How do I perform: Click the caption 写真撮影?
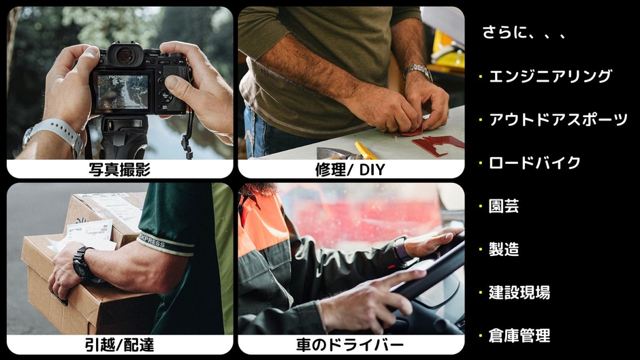coord(119,169)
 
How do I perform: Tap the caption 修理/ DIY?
coord(350,169)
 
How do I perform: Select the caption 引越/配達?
coord(119,345)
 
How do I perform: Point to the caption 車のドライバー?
coord(350,345)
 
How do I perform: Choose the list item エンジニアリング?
coord(550,76)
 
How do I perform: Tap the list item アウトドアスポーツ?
coord(558,120)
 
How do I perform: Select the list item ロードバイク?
coord(534,163)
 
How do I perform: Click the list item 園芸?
coord(504,206)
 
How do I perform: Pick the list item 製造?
coord(504,249)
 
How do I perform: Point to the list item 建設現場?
coord(519,293)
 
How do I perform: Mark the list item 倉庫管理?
coord(519,336)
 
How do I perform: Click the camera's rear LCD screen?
coord(123,92)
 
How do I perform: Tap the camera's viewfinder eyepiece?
coord(125,56)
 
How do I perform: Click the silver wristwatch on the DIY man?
coord(417,71)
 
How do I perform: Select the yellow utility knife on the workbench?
coord(366,150)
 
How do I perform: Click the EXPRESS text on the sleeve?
coord(152,241)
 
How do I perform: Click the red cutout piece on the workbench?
coord(436,144)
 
